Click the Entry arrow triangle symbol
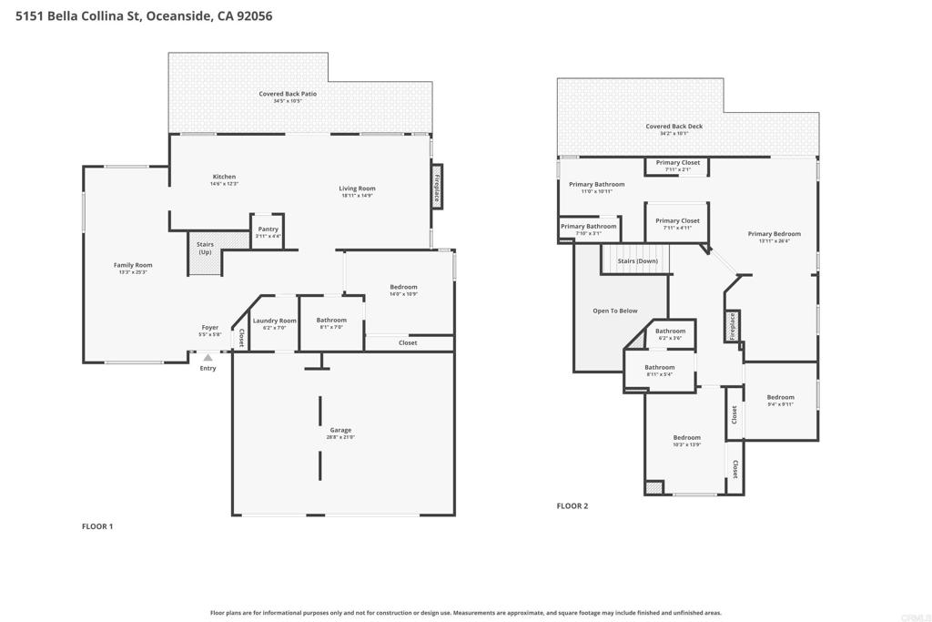(208, 357)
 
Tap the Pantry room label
(268, 229)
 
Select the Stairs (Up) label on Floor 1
(205, 248)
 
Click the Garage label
(340, 430)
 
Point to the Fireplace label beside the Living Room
(437, 188)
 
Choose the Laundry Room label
(274, 321)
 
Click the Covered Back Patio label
(288, 94)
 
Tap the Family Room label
(133, 265)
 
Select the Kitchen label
(224, 177)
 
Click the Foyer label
(210, 327)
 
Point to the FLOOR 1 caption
(96, 526)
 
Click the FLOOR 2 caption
(572, 506)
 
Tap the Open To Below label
(614, 311)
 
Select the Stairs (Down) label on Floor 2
(637, 261)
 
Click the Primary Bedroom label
(774, 234)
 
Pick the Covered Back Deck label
(674, 126)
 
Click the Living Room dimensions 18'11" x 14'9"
(357, 196)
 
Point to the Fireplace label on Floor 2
(733, 326)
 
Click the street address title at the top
(144, 16)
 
